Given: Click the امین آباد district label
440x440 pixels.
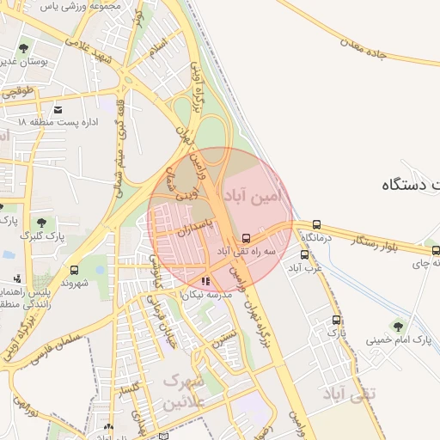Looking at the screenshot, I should (x=254, y=197).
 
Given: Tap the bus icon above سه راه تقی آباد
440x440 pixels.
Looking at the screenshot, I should (x=247, y=238).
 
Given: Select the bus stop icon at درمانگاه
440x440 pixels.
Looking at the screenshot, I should (x=317, y=225).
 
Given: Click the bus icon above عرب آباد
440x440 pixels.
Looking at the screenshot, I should (x=304, y=254).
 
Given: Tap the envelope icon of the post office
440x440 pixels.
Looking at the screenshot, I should (x=58, y=110).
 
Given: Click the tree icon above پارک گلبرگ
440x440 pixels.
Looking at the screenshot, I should (x=40, y=223).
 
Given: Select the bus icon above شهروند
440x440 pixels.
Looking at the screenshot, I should (x=74, y=269).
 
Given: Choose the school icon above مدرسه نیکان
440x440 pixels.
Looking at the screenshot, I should (x=205, y=280).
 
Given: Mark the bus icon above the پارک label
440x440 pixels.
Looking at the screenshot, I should (x=336, y=320).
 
